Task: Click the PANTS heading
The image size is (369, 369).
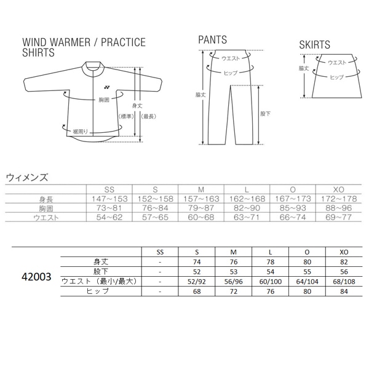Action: pos(212,40)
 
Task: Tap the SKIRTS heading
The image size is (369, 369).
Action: pos(314,45)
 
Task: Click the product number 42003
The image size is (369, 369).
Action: pos(38,277)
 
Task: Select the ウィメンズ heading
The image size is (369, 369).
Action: pos(26,177)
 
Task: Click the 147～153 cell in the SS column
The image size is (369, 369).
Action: pos(110,199)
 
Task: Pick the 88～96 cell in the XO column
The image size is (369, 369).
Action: pos(338,208)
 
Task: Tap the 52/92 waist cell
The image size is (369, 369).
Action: pos(197,281)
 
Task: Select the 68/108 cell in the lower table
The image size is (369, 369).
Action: pos(344,281)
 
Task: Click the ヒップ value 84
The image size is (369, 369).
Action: pos(344,292)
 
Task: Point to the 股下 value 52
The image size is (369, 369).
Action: pos(197,271)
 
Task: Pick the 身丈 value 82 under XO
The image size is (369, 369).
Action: pos(344,261)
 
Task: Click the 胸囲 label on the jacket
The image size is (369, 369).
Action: pos(103,99)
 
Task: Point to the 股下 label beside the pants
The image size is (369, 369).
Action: pos(266,114)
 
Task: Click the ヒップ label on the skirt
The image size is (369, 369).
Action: pos(336,77)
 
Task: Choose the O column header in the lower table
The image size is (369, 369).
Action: pos(307,251)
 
